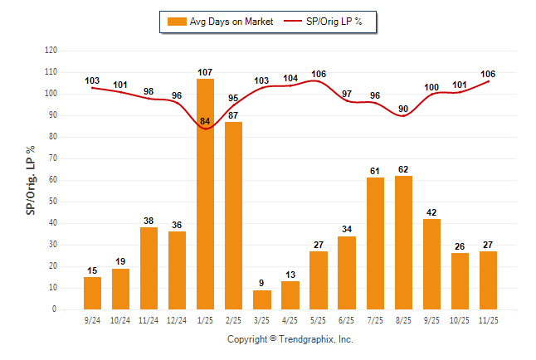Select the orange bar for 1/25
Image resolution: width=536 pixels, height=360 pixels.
tap(205, 194)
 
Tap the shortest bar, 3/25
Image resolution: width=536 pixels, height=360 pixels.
tap(261, 299)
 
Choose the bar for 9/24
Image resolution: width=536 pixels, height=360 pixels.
tap(92, 293)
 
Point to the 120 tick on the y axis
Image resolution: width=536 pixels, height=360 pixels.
tap(51, 51)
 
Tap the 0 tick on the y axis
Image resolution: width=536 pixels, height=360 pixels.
tap(55, 309)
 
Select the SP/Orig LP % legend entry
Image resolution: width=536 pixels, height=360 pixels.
tap(325, 22)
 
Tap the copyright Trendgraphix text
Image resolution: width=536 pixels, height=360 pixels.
tap(290, 339)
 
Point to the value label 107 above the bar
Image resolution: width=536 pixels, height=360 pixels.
tap(205, 73)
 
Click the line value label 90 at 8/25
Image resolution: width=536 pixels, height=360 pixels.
tap(403, 109)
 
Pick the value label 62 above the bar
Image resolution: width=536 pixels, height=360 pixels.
tap(403, 170)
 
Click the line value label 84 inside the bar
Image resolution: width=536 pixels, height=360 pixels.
tap(205, 123)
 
